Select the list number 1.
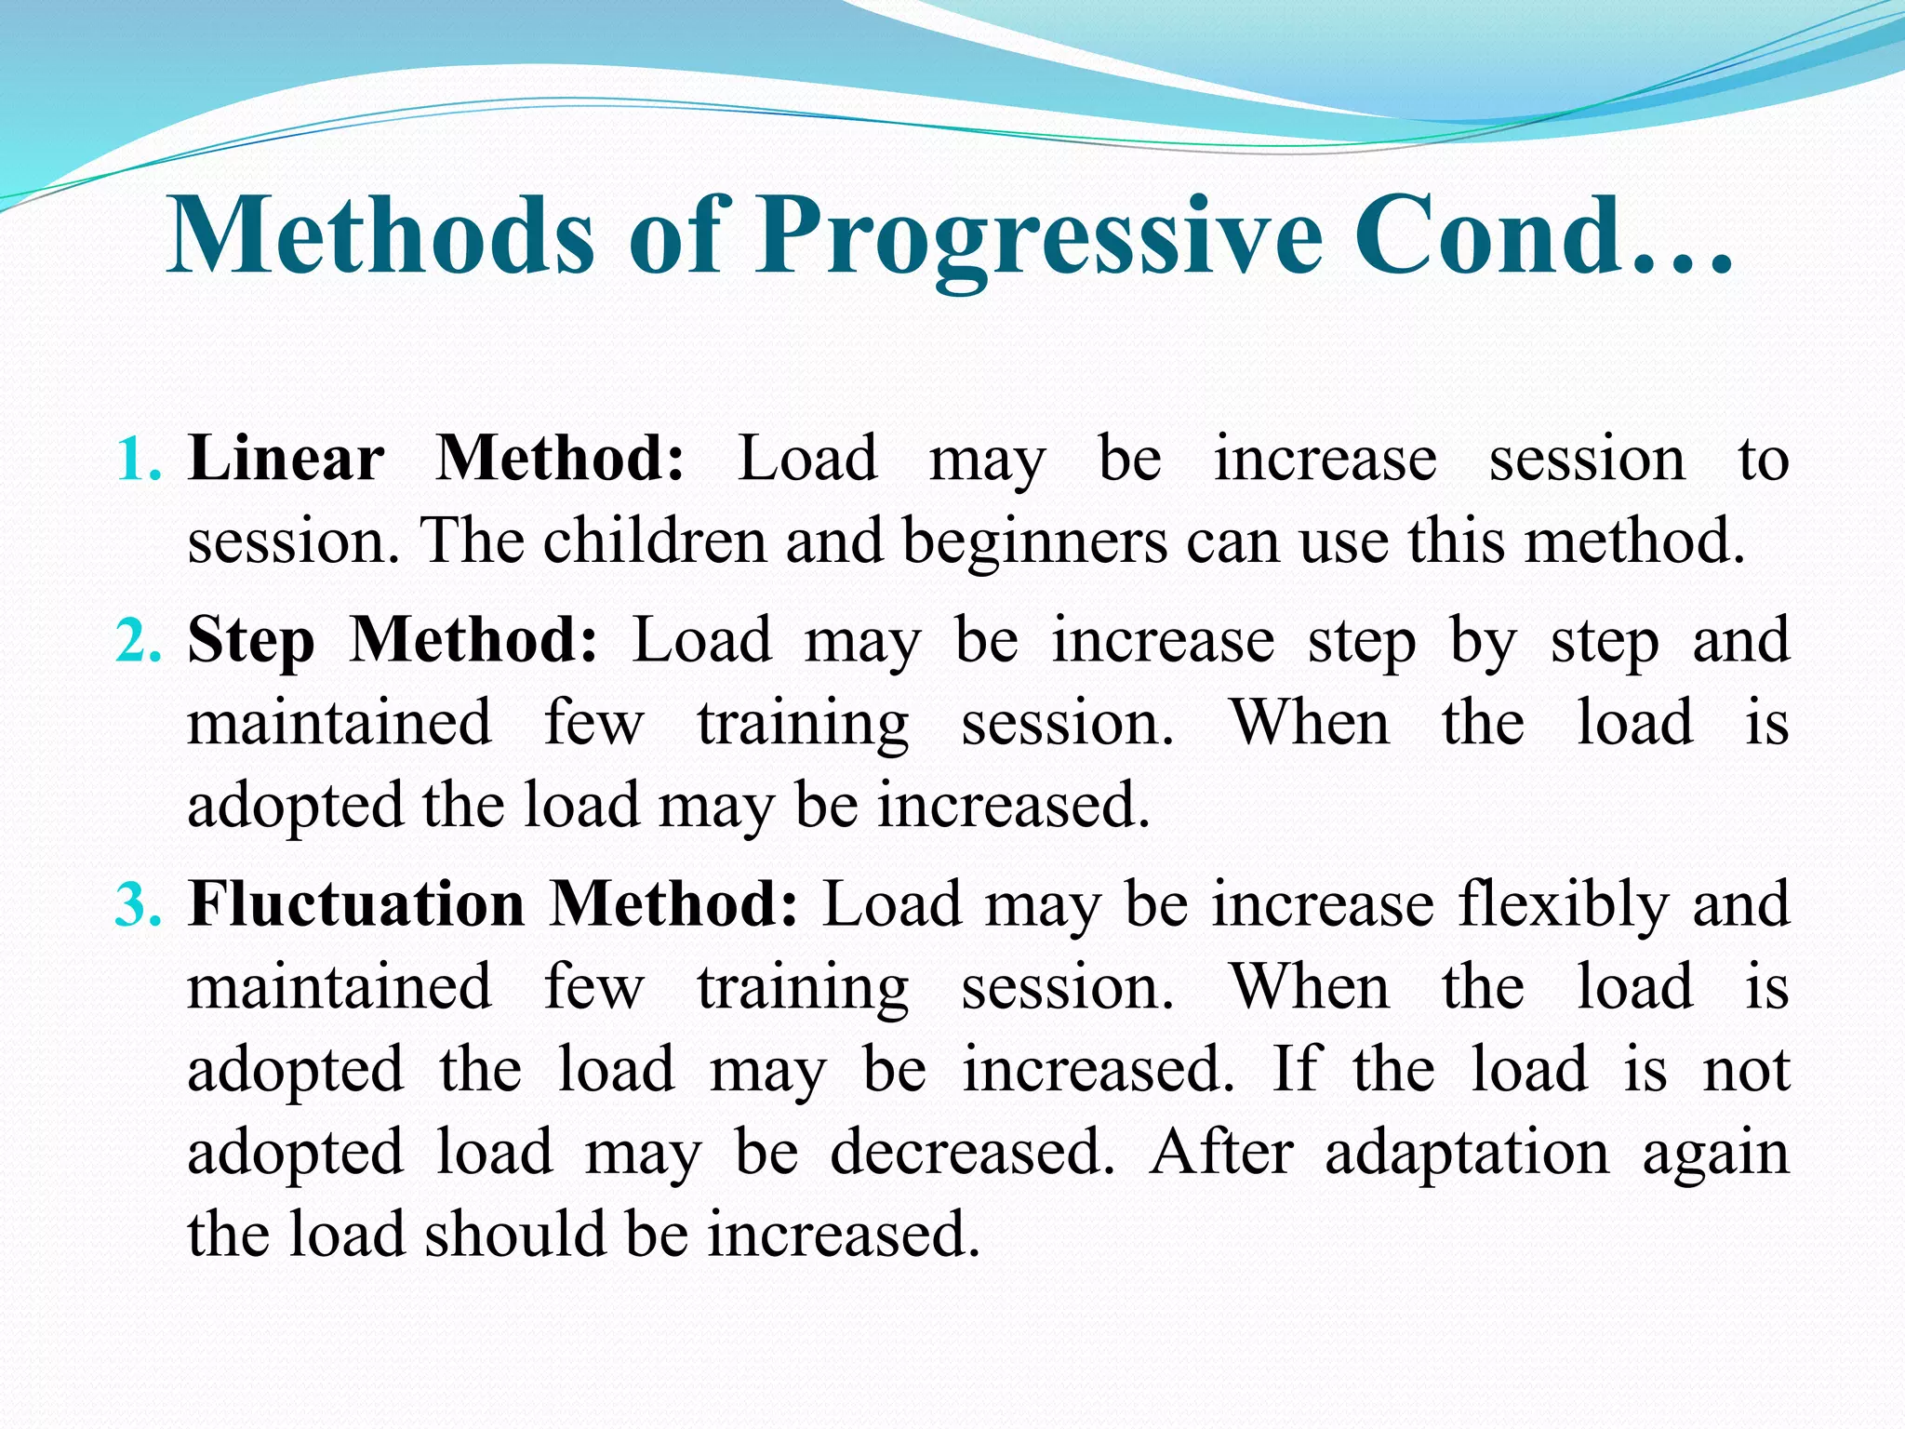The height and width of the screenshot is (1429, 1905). [138, 460]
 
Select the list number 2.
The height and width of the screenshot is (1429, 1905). [138, 642]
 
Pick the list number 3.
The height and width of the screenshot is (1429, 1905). [138, 905]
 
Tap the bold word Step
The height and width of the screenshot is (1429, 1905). [251, 642]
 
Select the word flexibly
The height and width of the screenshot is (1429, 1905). [1564, 905]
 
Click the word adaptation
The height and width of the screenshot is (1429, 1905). [1467, 1154]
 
